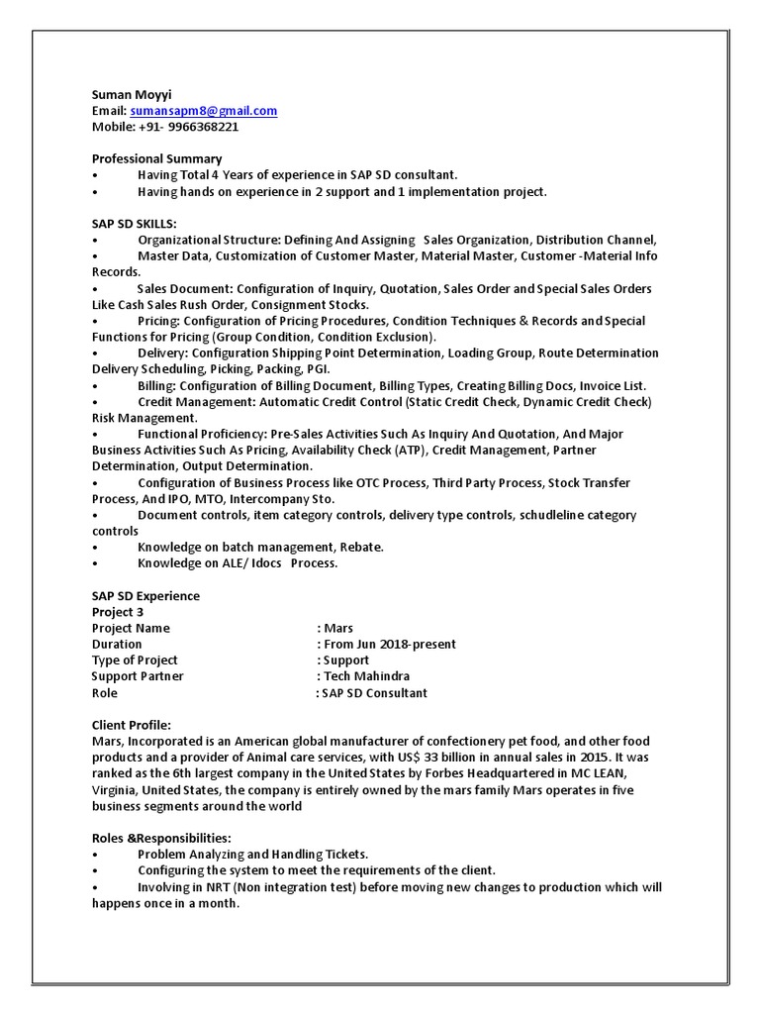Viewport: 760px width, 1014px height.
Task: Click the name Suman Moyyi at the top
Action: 132,95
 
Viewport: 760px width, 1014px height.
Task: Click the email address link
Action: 203,111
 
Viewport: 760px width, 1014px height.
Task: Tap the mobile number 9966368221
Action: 203,127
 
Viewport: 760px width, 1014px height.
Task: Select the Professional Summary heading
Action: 156,158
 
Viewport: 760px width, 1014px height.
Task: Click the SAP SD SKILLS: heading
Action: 135,224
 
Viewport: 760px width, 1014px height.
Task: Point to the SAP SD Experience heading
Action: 145,596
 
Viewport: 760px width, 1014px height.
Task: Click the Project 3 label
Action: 118,612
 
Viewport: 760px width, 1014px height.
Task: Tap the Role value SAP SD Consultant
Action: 374,693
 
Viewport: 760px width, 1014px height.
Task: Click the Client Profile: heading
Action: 132,725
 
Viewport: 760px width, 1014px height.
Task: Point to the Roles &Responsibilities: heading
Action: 161,838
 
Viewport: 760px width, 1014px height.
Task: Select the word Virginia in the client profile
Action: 115,790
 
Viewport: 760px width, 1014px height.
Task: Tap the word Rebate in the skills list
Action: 361,547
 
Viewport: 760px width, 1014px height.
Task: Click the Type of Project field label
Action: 135,660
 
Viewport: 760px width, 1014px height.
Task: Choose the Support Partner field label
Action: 138,676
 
